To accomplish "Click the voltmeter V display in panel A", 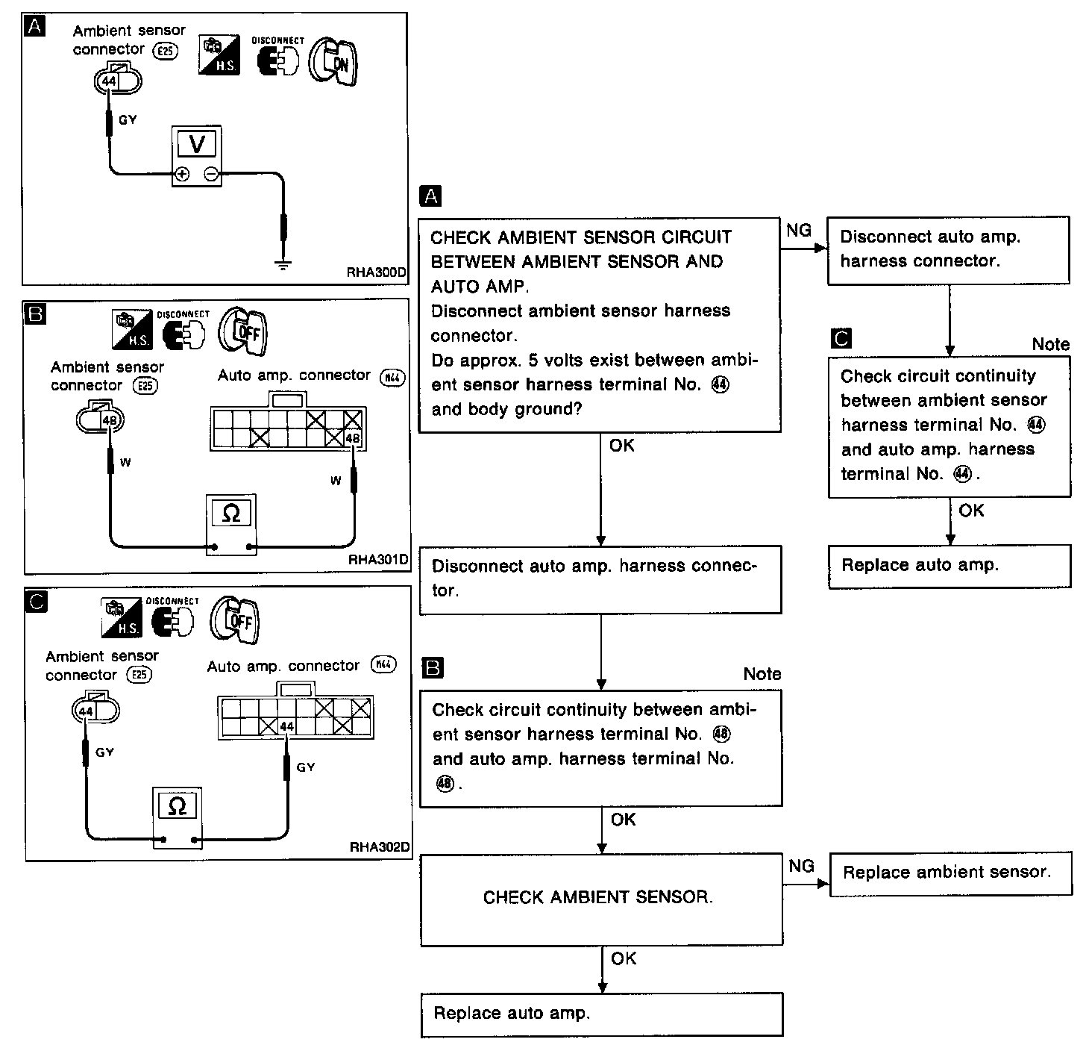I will [197, 143].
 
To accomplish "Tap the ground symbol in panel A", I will [282, 264].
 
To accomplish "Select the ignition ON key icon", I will [333, 63].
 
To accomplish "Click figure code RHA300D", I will [377, 273].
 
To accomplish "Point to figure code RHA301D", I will [379, 559].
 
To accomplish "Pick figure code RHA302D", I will [379, 847].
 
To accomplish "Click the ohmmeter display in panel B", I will [231, 514].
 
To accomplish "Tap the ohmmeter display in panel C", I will [177, 806].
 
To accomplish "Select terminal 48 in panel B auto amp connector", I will [352, 438].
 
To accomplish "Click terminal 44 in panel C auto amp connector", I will [287, 726].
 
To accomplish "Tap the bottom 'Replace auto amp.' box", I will [600, 1014].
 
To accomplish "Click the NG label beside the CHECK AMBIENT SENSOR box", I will [801, 866].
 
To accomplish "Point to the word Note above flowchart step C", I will [1050, 344].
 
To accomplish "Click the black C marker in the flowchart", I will [841, 339].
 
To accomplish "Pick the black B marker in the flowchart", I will [433, 668].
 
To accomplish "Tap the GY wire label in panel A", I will [128, 119].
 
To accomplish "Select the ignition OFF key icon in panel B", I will [242, 331].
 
